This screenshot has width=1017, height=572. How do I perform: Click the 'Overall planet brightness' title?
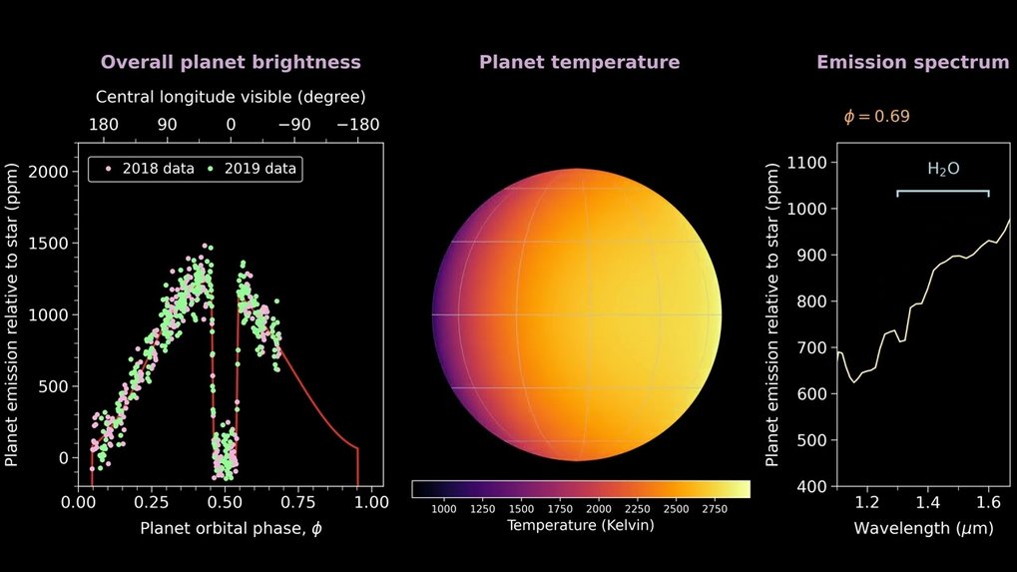[x=231, y=62]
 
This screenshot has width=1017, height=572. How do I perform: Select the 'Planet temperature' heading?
[x=579, y=62]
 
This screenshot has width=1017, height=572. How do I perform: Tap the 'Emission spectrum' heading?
[x=912, y=62]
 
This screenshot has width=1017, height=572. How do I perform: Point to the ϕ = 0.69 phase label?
[x=876, y=116]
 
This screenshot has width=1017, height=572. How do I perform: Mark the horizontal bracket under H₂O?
[x=942, y=191]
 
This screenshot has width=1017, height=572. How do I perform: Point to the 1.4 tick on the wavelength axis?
[x=928, y=504]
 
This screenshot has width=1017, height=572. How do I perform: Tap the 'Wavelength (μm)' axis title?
[x=910, y=526]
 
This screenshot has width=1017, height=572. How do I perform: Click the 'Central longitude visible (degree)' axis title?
[x=231, y=98]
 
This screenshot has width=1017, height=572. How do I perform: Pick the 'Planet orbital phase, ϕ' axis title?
[x=232, y=527]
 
